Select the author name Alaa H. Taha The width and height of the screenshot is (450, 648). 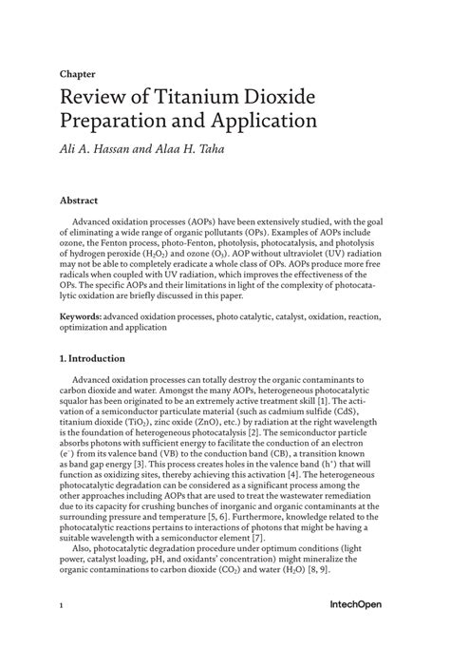point(195,147)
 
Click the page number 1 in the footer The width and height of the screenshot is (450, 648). point(61,605)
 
